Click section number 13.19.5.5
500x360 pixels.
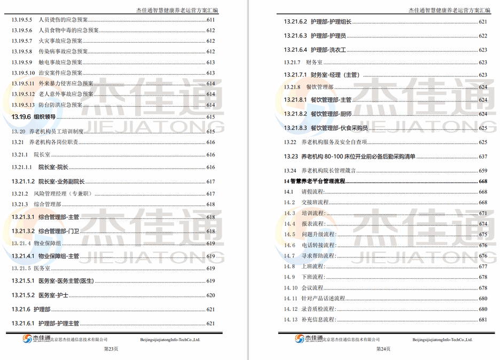[x=22, y=19]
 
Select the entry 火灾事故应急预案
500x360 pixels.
[x=60, y=41]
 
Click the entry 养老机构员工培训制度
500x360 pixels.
[x=59, y=131]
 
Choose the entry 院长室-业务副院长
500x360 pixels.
[x=61, y=182]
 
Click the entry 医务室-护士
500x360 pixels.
[x=53, y=295]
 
